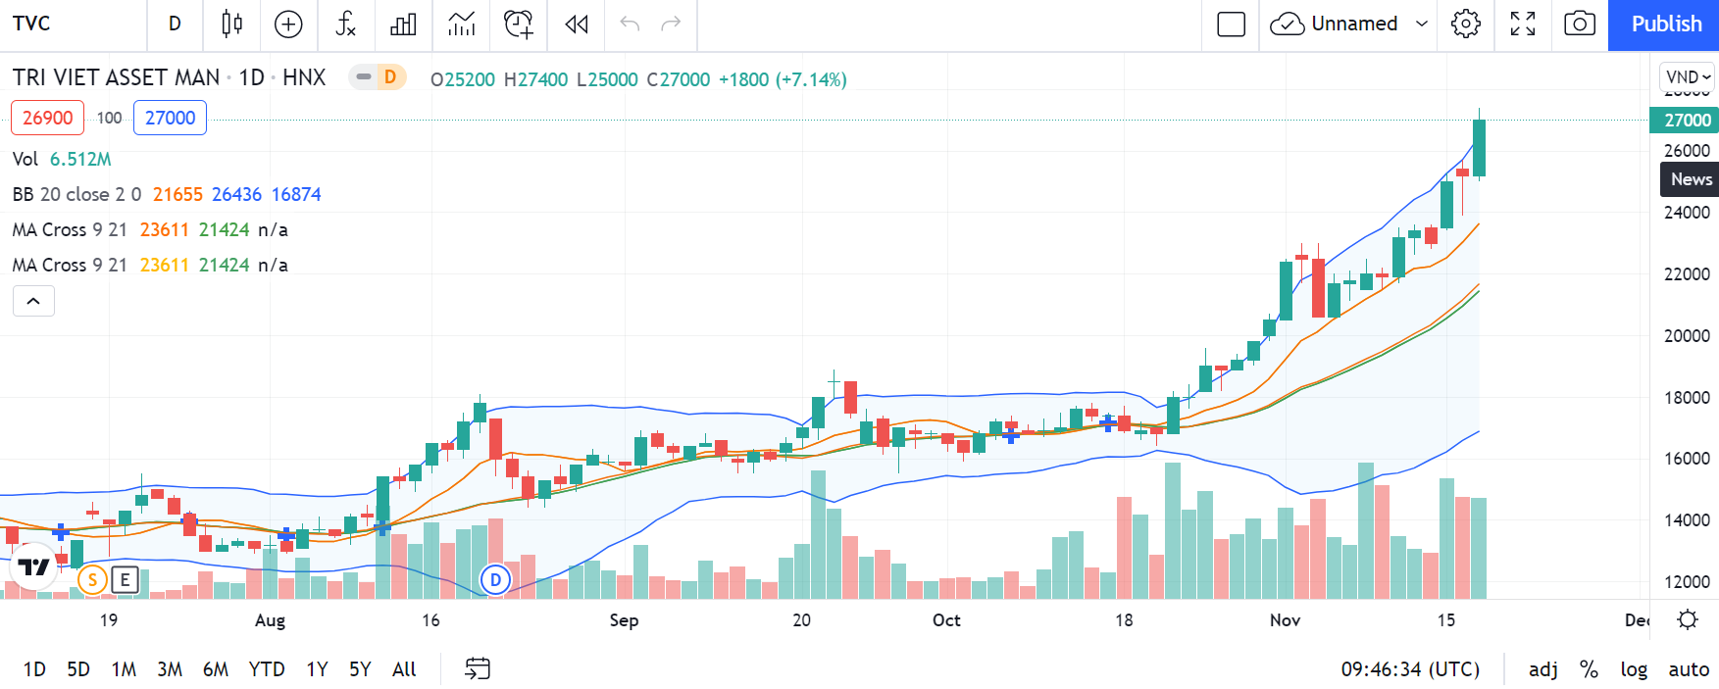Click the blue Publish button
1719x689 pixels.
1665,25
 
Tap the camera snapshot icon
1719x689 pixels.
1579,25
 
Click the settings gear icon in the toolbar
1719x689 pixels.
1465,25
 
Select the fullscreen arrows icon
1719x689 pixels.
1522,25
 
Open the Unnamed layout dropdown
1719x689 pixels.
1421,25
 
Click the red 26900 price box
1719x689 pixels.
47,118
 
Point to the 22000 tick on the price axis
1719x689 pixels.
1687,274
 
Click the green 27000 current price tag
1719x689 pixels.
1687,121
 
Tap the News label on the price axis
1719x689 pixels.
1691,179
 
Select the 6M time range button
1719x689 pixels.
215,669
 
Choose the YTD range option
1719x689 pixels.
266,669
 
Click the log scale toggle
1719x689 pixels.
1633,669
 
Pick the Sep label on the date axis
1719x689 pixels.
624,620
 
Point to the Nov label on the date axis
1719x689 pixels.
1285,620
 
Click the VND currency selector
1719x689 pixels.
1687,76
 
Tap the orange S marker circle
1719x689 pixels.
92,579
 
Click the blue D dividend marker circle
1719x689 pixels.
495,579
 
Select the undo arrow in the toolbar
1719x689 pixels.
629,25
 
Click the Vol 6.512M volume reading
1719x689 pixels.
62,159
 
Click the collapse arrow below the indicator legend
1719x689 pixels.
33,301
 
